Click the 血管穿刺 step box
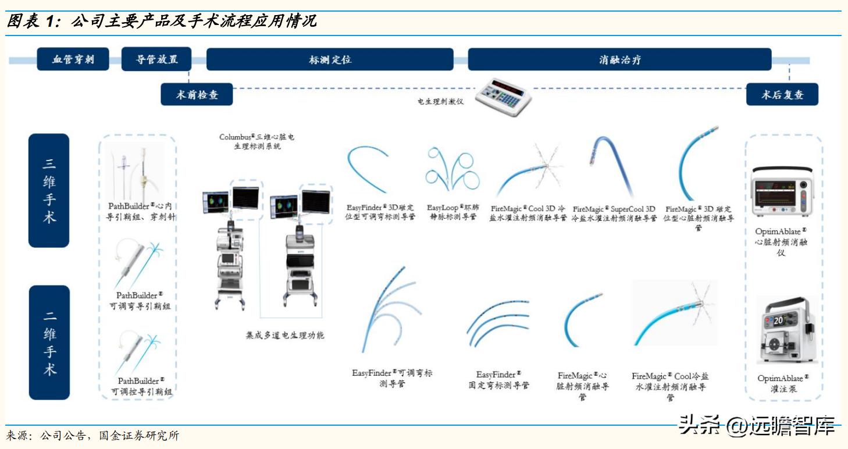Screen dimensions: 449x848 point(73,59)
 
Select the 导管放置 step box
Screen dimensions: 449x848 point(156,59)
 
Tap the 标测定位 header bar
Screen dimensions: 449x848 point(330,59)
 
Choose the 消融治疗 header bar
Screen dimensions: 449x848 point(619,59)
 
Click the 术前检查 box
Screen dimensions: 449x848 point(197,95)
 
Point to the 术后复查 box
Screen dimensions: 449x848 point(782,95)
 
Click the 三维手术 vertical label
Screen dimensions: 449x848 point(49,190)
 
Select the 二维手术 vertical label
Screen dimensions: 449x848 point(49,343)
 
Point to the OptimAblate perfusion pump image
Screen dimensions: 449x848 point(783,332)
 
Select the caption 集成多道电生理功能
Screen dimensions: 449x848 point(285,336)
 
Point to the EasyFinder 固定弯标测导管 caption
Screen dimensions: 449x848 point(498,380)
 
